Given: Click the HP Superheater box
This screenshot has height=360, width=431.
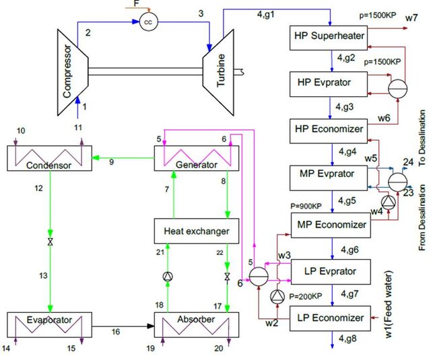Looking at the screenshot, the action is [x=329, y=38].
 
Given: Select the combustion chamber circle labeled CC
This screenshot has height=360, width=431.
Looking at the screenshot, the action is [x=149, y=22].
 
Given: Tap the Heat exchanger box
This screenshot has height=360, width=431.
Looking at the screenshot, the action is [x=197, y=231].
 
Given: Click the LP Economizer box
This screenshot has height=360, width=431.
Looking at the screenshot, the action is [x=330, y=318].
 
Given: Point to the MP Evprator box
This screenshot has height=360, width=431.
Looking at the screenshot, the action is [x=329, y=178].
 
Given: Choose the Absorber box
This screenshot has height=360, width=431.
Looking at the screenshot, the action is [x=197, y=325].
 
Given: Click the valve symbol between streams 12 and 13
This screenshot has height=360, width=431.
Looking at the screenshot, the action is [x=51, y=242].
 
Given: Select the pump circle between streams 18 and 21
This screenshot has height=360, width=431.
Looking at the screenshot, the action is [x=168, y=277].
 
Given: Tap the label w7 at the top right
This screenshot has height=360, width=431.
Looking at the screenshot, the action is [x=411, y=18].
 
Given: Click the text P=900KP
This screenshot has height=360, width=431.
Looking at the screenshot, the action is [x=306, y=206].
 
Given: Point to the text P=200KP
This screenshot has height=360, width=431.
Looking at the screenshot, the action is [x=305, y=297].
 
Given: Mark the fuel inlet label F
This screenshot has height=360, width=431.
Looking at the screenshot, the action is [x=137, y=3].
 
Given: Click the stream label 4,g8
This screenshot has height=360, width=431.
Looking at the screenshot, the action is [x=347, y=338].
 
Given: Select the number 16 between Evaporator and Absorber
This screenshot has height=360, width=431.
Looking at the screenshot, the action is [x=116, y=332].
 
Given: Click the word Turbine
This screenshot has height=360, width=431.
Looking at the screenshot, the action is [x=221, y=71].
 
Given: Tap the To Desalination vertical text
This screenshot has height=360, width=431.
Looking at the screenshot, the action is [x=422, y=138].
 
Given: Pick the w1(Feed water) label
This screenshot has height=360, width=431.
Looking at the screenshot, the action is [x=389, y=304].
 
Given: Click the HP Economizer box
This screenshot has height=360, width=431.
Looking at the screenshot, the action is [x=329, y=131].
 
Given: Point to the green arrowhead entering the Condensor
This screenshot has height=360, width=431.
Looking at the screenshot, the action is [x=95, y=157].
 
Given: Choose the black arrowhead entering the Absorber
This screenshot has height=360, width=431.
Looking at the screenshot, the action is [x=151, y=326].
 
